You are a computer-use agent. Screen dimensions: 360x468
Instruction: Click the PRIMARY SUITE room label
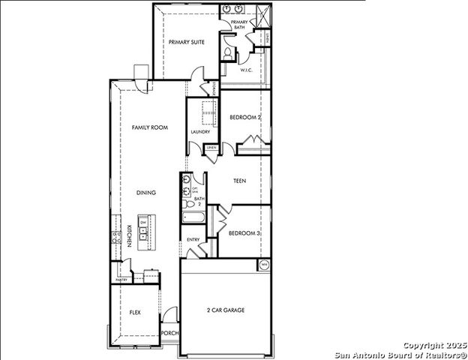pos(187,43)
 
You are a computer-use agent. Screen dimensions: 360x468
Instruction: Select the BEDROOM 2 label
pos(244,118)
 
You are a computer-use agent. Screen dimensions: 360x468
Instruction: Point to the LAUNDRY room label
pos(200,132)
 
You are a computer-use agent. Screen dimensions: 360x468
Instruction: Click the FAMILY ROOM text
pos(149,128)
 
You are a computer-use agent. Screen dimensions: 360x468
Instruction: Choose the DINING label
pos(146,193)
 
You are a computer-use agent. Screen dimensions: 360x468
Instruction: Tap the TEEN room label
pos(240,181)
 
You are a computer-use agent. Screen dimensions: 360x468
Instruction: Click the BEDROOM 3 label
pos(244,233)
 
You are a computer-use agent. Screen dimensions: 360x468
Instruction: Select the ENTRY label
pos(193,240)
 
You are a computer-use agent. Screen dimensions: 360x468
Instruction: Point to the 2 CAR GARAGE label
pos(226,310)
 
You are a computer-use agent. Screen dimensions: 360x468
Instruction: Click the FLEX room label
pos(135,312)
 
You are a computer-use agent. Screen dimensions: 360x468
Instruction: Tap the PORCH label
pos(170,334)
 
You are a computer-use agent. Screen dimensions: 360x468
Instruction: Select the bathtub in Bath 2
pos(194,218)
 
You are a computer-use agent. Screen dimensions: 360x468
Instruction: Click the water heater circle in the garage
pos(264,265)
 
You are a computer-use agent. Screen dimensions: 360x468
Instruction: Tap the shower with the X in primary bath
pos(263,14)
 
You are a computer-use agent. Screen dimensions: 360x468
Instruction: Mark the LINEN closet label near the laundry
pos(212,148)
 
